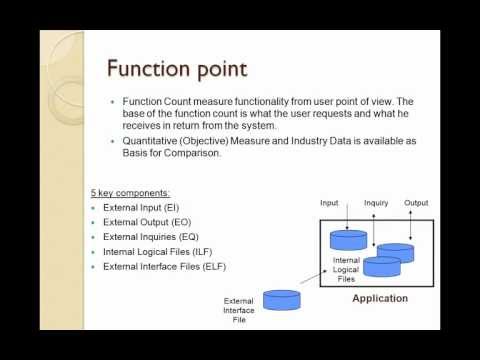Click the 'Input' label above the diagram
[329, 203]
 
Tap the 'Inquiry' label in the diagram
[376, 203]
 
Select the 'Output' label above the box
[416, 203]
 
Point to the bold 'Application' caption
[380, 298]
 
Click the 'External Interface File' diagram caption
[239, 311]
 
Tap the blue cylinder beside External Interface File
[282, 300]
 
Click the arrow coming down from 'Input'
[343, 219]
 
